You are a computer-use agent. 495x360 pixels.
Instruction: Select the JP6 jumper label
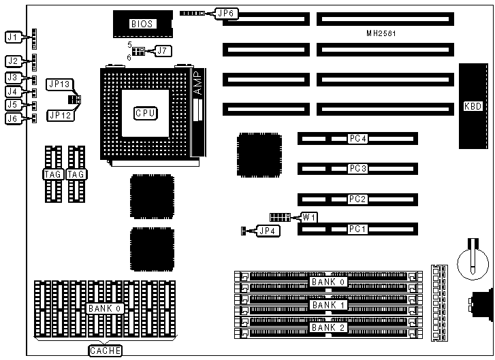coord(227,13)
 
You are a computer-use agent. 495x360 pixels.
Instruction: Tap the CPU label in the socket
coord(146,113)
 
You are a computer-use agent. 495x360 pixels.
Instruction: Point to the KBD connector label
coord(473,106)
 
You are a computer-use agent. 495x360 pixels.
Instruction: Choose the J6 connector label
coord(12,118)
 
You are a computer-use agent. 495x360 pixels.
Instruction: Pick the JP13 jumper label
coord(58,84)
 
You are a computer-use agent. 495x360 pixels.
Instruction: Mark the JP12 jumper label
coord(58,116)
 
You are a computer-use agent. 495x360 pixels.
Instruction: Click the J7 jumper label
coord(161,50)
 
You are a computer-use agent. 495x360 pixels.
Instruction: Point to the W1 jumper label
coord(309,217)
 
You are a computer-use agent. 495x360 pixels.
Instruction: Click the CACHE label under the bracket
coord(105,351)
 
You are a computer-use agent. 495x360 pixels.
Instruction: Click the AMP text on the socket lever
coord(197,84)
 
